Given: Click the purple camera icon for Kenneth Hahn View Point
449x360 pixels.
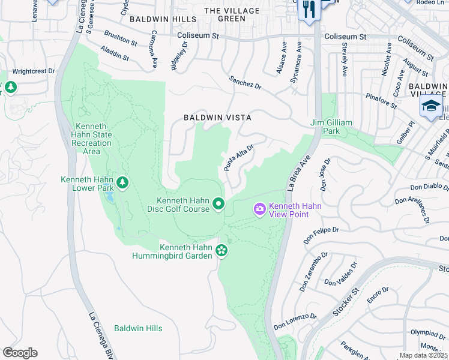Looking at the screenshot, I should [259, 209].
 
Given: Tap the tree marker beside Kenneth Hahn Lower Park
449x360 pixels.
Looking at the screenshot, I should [122, 182].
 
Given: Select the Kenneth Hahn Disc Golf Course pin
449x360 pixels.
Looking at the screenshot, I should [219, 205].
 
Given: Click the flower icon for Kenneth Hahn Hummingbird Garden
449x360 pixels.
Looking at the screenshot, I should [222, 250].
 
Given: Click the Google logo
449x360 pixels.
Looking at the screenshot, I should [20, 353].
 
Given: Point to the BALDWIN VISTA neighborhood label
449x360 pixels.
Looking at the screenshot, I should [217, 118].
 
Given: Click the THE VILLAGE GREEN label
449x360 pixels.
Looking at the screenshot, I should [232, 14].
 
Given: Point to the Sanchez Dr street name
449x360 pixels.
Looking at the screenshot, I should [245, 83].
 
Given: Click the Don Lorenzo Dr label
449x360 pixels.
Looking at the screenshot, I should [295, 322].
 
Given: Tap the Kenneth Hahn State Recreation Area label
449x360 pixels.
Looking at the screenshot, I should [92, 139].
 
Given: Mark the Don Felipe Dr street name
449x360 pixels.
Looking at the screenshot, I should [321, 234].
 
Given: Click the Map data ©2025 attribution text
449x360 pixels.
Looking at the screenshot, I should [423, 355].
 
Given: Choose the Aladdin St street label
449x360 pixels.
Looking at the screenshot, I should [115, 53].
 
